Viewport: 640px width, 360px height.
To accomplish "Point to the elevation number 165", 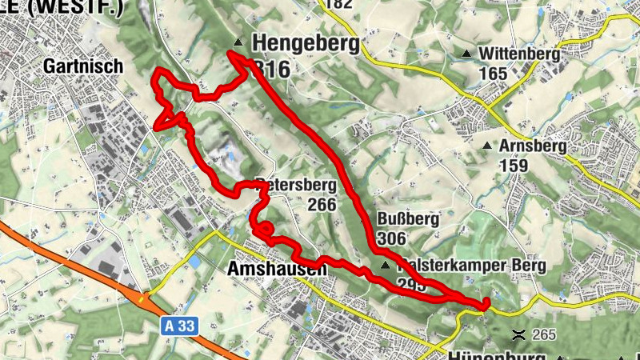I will [494, 74].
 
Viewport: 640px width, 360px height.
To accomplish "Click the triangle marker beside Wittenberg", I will [466, 54].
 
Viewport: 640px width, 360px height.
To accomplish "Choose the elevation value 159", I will [513, 166].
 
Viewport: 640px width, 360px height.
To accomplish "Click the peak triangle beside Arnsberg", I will [487, 146].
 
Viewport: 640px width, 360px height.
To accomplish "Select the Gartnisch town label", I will [84, 66].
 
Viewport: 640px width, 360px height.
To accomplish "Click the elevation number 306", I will [391, 238].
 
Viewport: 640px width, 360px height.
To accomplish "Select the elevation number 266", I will [321, 204].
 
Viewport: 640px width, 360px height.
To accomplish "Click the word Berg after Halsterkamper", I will [525, 265].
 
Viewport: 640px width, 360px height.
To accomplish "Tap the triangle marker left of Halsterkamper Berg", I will [386, 265].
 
